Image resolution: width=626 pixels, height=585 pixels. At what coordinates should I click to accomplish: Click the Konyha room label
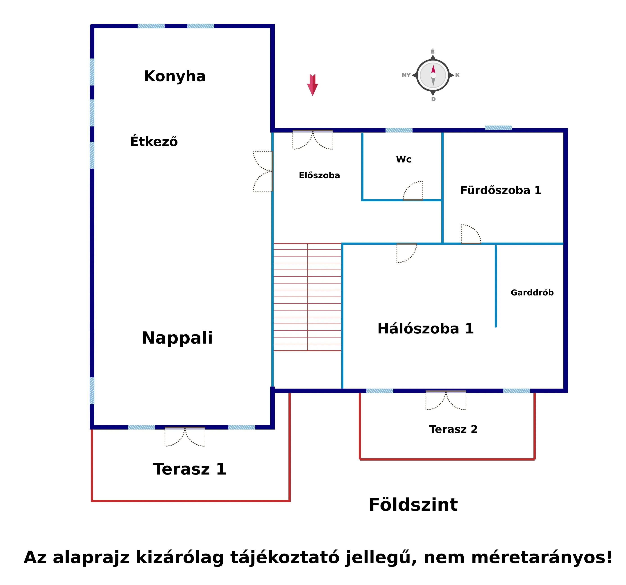175,76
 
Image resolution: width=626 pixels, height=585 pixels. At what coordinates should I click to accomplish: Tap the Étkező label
154,142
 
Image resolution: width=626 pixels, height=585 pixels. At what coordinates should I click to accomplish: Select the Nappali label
177,338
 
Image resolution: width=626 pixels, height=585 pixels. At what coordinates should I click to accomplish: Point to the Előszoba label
319,175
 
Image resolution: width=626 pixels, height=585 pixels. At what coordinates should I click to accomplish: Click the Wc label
403,159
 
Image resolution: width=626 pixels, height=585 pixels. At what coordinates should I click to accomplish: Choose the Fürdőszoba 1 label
501,190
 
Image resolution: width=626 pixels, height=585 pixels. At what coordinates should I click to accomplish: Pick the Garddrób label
532,293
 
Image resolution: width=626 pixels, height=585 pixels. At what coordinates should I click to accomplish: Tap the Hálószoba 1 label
425,329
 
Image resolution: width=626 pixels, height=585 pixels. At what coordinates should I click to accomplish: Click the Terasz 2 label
453,429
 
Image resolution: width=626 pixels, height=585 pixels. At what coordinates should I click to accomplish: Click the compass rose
433,75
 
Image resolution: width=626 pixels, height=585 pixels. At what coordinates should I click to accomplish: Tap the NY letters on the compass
406,75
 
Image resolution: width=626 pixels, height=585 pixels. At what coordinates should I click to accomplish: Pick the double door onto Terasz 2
446,400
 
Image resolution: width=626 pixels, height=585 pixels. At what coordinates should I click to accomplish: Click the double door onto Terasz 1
185,436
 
